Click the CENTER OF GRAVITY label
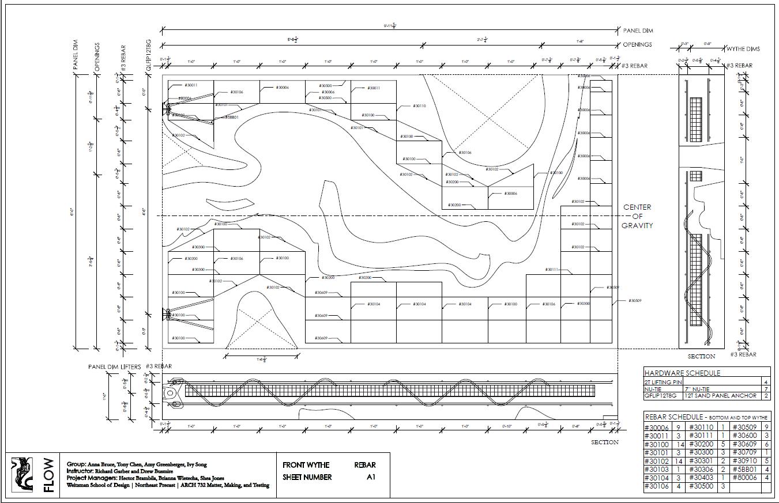[637, 216]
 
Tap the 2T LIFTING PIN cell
[663, 382]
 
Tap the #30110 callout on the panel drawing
[419, 106]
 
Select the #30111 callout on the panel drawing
[552, 270]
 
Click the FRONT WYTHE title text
[306, 465]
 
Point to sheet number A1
[371, 477]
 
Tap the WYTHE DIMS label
[743, 49]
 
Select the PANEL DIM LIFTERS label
[114, 366]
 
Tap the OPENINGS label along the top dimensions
[637, 44]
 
